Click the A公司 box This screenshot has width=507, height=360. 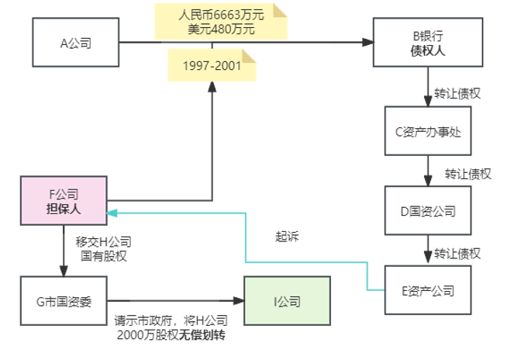pos(76,43)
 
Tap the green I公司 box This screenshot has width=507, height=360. pos(286,302)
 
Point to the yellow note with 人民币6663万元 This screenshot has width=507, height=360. pos(221,22)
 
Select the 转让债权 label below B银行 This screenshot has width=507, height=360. pos(457,93)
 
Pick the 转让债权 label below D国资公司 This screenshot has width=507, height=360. pos(457,253)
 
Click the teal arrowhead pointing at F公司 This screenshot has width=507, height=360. pos(112,212)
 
